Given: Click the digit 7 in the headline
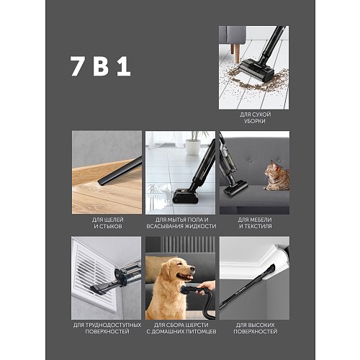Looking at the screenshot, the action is (x=77, y=66).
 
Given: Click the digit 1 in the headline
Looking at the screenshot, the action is (x=124, y=66).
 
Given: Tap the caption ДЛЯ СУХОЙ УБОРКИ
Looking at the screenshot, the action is (x=255, y=117).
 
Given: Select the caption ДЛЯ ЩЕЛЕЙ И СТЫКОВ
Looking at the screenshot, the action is (x=108, y=222).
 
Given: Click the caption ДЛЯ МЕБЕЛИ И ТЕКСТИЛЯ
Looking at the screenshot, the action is (x=255, y=222).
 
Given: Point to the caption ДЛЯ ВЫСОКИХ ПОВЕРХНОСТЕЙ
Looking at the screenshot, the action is (x=255, y=328).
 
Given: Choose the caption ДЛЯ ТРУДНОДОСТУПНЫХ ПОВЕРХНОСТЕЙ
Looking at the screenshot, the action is (x=107, y=328).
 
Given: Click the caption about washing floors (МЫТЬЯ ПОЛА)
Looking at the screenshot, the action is (x=181, y=222).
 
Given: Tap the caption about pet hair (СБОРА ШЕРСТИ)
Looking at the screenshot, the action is (x=181, y=328).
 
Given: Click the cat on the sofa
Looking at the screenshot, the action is (x=277, y=176).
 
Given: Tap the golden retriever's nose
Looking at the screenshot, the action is (x=193, y=268).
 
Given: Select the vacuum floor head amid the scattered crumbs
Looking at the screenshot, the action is (x=257, y=70).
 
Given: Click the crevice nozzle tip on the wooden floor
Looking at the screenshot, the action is (x=102, y=182).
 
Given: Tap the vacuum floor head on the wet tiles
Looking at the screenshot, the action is (x=185, y=196).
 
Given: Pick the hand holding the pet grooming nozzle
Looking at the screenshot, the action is (x=206, y=287).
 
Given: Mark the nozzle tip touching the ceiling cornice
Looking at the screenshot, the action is (x=271, y=268).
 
